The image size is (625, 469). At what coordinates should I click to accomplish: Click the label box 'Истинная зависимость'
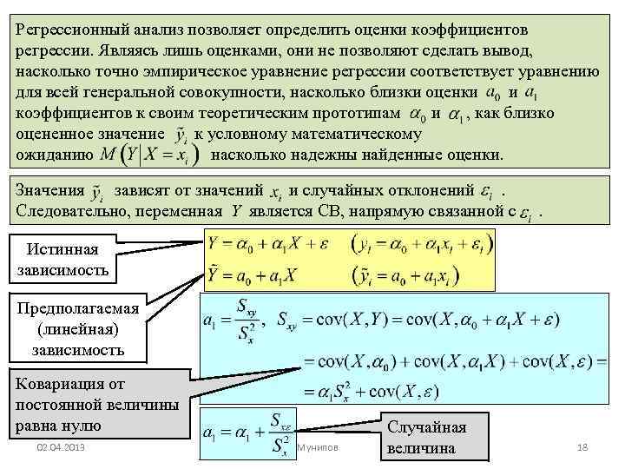point(62,260)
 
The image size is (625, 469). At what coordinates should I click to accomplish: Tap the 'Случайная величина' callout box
point(426,438)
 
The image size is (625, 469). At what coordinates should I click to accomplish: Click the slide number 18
point(582,447)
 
